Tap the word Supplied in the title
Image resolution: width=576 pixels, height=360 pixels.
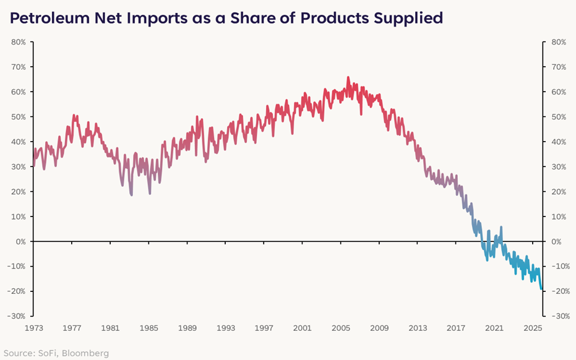click(409, 18)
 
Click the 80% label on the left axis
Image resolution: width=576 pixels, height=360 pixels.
click(17, 42)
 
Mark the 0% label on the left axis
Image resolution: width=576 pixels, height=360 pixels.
click(20, 241)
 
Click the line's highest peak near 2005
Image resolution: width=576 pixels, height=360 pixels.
click(348, 77)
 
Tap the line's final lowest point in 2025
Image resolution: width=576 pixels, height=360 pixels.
click(542, 289)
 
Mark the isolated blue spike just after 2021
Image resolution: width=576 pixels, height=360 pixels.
click(501, 227)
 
